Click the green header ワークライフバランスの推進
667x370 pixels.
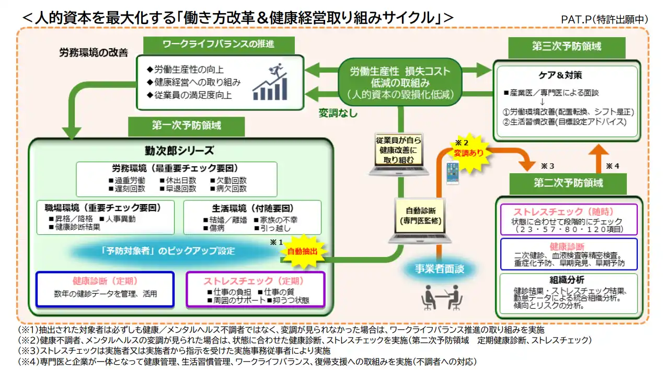point(218,44)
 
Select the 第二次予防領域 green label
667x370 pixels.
point(568,183)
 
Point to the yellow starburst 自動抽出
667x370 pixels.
point(303,252)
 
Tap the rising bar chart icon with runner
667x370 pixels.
point(271,82)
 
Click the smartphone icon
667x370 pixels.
point(452,172)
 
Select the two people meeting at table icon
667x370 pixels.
point(442,297)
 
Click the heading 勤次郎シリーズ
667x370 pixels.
point(179,151)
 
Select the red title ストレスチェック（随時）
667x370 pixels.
point(568,212)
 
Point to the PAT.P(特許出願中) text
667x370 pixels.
point(604,19)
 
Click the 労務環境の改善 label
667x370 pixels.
point(94,53)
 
